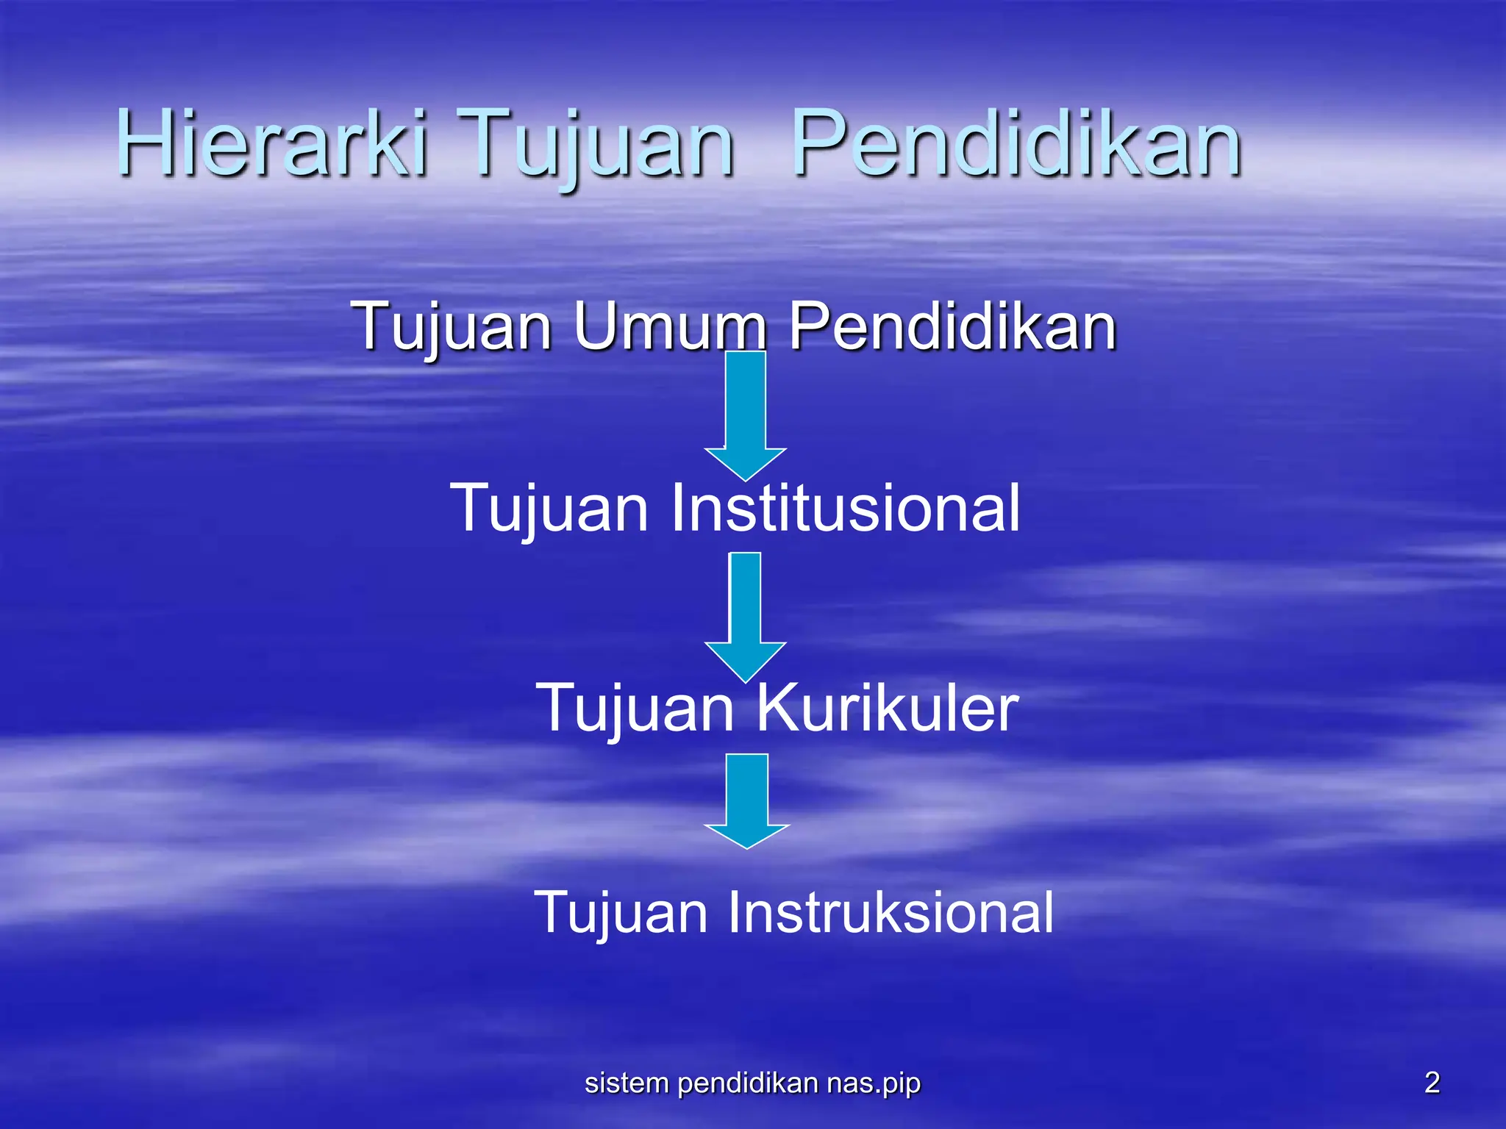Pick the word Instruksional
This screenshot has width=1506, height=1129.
coord(891,912)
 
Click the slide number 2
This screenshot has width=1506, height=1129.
coord(1432,1083)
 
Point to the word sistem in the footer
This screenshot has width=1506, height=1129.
coord(627,1083)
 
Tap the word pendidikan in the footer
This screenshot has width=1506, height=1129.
coord(748,1083)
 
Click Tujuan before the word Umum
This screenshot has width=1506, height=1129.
coord(452,327)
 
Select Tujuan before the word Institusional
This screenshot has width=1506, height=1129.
coord(549,509)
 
